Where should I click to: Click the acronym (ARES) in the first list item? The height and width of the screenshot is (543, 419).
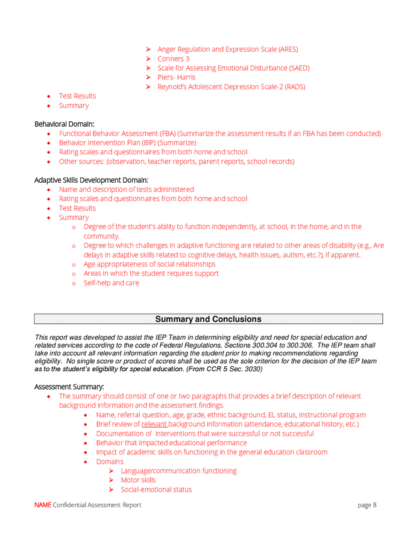[286, 49]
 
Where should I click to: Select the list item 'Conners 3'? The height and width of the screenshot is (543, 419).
[173, 59]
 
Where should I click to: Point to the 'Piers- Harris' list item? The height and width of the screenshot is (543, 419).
[176, 77]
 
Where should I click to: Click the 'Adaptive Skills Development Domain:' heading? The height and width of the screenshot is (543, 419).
[91, 180]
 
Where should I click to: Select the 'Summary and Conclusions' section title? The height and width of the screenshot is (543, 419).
[209, 319]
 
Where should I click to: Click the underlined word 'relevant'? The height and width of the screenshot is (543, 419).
[154, 424]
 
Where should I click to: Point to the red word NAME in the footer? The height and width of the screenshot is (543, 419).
[42, 505]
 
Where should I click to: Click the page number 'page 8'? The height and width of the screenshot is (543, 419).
[367, 505]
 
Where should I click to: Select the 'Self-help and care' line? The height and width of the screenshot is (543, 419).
[111, 283]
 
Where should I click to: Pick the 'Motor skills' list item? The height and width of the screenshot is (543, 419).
[138, 480]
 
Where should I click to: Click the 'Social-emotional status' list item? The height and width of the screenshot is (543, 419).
[156, 489]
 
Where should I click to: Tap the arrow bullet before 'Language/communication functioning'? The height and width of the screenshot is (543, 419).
[112, 471]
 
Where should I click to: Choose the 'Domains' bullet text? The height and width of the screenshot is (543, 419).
[110, 462]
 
